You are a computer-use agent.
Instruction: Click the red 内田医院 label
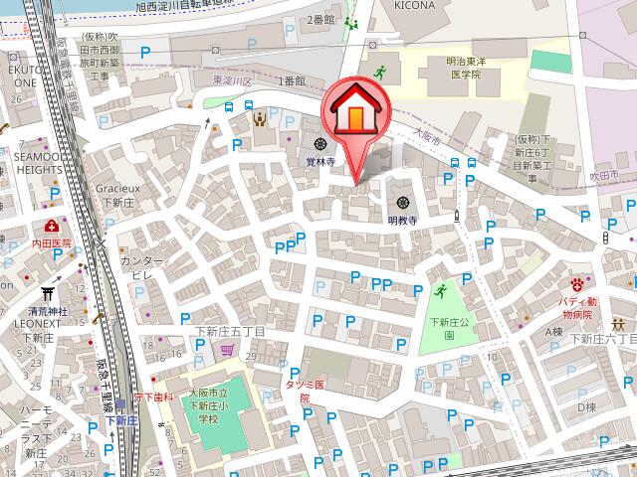[51, 242]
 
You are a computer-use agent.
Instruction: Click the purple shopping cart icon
[227, 349]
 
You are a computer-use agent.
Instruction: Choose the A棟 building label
[553, 331]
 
